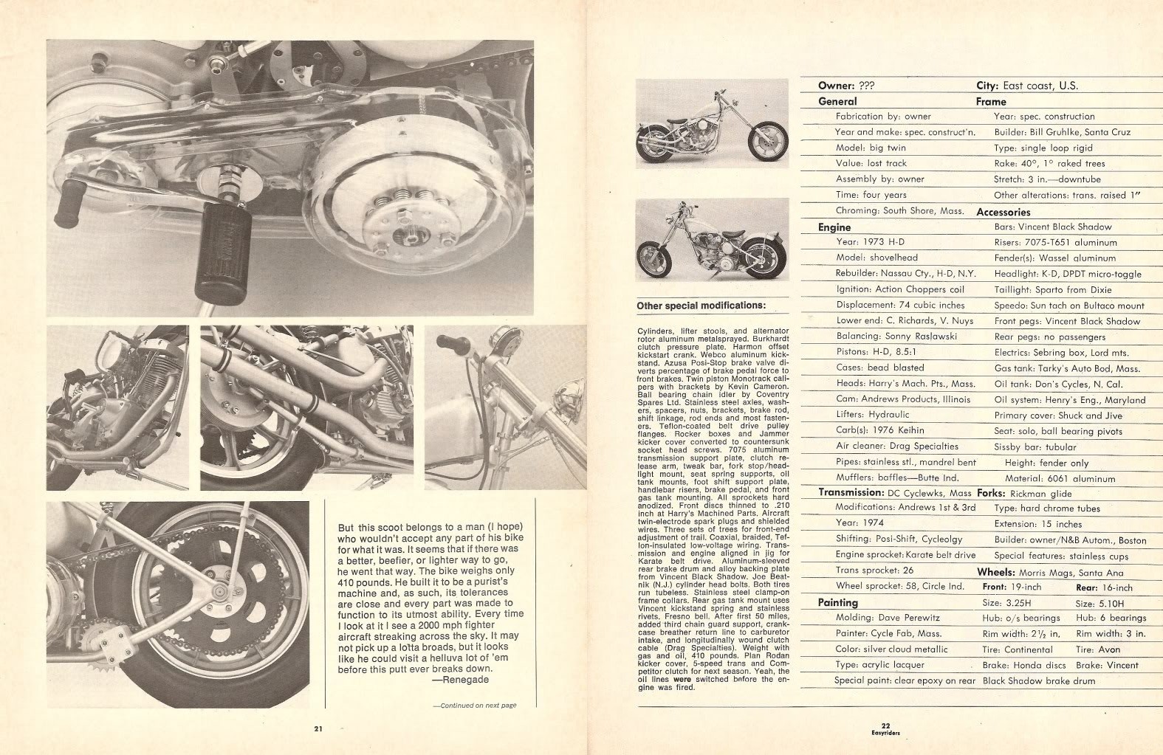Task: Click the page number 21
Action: click(x=318, y=728)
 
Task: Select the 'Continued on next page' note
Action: click(x=475, y=706)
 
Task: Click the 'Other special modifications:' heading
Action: click(x=701, y=306)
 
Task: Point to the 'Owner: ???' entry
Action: click(x=845, y=86)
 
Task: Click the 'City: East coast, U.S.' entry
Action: click(x=1027, y=86)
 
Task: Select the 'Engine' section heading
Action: click(x=834, y=227)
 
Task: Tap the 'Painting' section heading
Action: click(x=837, y=602)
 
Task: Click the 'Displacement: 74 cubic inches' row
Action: click(x=900, y=305)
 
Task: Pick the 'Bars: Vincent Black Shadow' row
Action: click(x=1053, y=227)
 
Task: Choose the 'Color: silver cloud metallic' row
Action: click(x=891, y=649)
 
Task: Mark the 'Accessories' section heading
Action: click(x=1003, y=213)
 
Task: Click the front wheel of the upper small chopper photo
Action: click(x=768, y=140)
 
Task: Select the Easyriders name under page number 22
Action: click(x=886, y=733)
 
